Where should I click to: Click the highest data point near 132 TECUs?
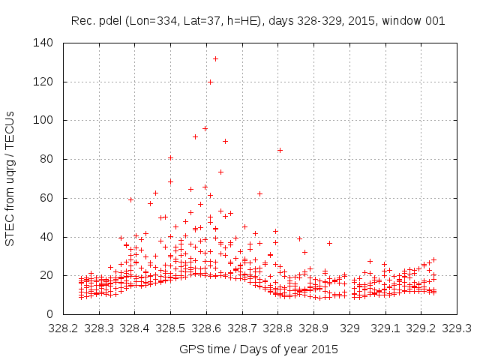(215, 58)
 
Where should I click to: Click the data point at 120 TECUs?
(210, 82)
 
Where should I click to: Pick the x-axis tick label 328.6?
(206, 328)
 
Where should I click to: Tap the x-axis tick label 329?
(350, 328)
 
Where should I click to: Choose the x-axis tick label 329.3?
(457, 328)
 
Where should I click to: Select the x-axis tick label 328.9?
(314, 328)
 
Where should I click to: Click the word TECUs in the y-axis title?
(10, 128)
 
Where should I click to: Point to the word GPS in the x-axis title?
(190, 349)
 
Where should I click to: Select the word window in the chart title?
(405, 21)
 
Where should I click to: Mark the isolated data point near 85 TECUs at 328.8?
(280, 150)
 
